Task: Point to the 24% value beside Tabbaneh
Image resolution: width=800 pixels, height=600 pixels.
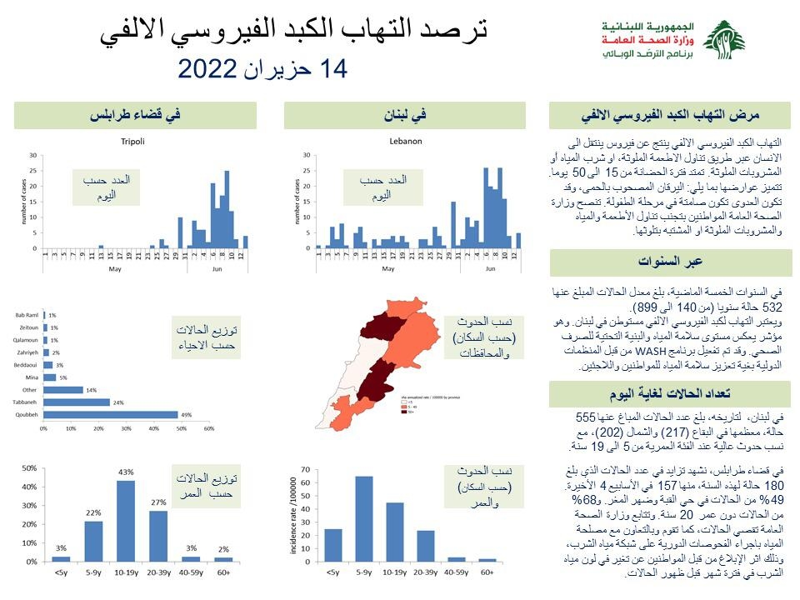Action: pyautogui.click(x=118, y=401)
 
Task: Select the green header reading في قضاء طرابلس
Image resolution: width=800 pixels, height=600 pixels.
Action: pyautogui.click(x=137, y=116)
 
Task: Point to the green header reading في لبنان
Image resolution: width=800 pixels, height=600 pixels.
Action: pyautogui.click(x=405, y=116)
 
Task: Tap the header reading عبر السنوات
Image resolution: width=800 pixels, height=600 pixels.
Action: pyautogui.click(x=670, y=262)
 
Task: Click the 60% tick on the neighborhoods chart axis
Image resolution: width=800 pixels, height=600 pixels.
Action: pyautogui.click(x=209, y=427)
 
